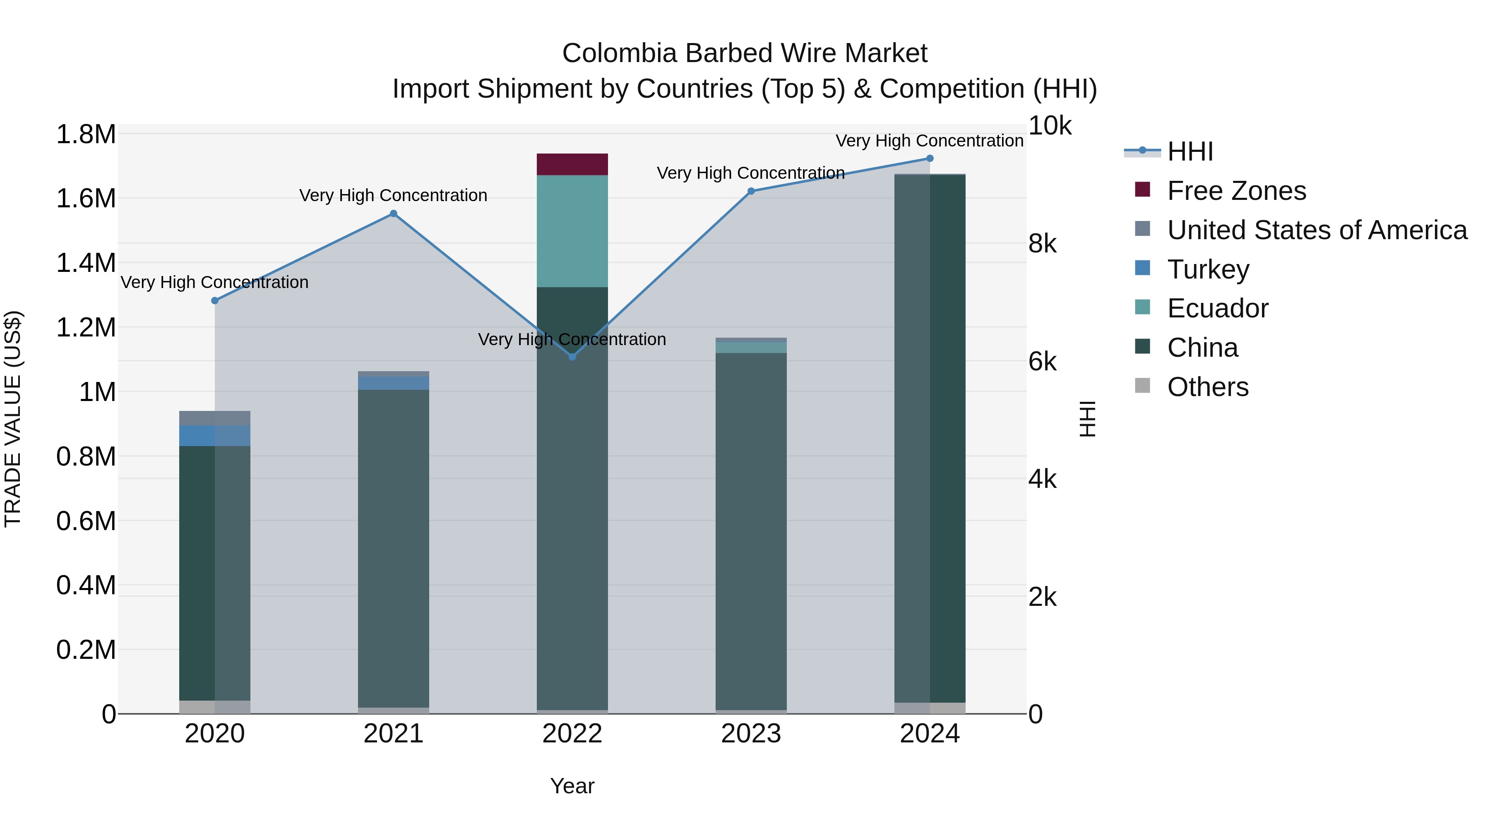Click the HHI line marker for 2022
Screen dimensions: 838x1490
(572, 357)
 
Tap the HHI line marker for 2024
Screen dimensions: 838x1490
(930, 158)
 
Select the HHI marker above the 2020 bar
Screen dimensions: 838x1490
(214, 301)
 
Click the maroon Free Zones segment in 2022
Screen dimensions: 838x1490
(572, 164)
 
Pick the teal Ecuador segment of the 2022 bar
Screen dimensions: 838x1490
(572, 231)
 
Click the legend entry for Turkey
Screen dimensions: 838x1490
(1208, 269)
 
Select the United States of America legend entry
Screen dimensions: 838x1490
(1317, 230)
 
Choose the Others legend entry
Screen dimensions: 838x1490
(1207, 387)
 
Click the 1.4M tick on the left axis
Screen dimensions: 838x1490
(86, 263)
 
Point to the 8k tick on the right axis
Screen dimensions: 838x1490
(1042, 244)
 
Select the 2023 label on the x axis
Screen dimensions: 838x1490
(751, 734)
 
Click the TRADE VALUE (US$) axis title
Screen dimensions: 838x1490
(13, 419)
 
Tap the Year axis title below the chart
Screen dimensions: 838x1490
(572, 786)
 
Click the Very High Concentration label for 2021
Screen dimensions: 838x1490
(393, 195)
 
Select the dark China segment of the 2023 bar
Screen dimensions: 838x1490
(751, 521)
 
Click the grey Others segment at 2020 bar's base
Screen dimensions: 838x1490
(214, 707)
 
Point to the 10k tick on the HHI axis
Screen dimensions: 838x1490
(1049, 126)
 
